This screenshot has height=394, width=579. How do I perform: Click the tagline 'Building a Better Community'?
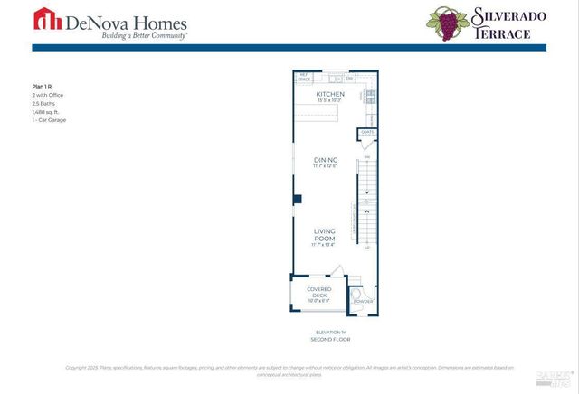click(x=131, y=35)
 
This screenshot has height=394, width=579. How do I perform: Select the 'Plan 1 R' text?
click(x=43, y=86)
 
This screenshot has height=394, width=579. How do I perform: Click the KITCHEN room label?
click(x=329, y=94)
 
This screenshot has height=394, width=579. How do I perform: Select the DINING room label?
click(x=325, y=160)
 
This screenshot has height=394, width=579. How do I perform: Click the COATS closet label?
click(x=367, y=132)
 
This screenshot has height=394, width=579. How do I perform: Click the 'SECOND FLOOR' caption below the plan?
click(x=329, y=340)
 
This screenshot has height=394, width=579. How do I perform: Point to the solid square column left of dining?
click(x=296, y=197)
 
